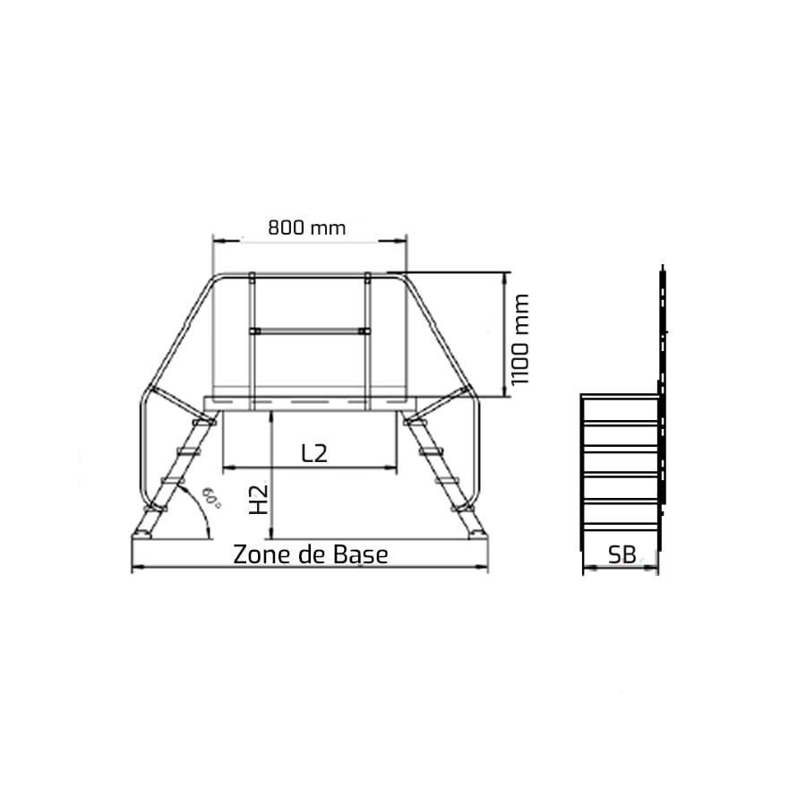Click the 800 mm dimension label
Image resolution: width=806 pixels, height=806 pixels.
307,227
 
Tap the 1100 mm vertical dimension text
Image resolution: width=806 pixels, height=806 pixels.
519,339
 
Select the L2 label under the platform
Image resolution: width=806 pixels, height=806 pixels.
314,453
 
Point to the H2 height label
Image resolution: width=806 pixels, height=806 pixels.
259,499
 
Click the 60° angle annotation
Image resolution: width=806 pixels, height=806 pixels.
211,498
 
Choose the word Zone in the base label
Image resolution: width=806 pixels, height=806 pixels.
259,554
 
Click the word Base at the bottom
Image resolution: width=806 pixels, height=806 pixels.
360,554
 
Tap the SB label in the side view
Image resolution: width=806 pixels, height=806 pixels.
622,554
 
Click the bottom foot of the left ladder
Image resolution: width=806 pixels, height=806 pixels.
141,535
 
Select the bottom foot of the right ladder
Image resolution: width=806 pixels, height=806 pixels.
477,535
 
